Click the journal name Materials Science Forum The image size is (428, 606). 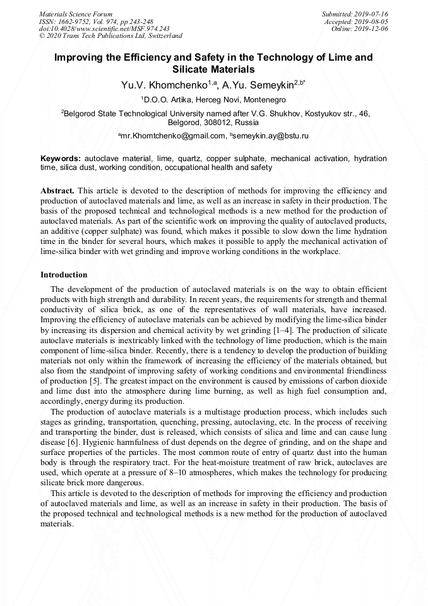click(76, 14)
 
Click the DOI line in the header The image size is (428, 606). click(104, 28)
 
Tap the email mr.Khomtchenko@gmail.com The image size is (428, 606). click(173, 136)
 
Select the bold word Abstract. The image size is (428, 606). click(57, 190)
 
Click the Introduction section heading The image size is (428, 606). click(64, 275)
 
